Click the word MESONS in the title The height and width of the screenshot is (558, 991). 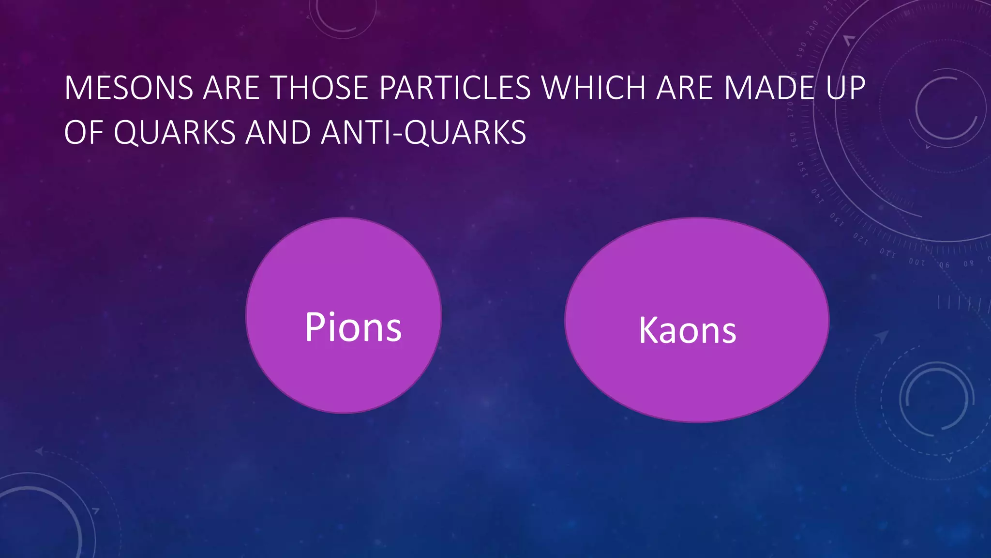point(129,88)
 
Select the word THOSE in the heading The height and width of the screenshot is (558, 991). point(319,88)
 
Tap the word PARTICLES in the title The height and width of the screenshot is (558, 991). point(455,88)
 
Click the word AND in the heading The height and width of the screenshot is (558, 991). point(278,132)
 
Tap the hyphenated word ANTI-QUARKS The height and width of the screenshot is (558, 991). point(423,132)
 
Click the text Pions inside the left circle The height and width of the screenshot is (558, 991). point(353,327)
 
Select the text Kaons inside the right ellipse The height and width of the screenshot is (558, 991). point(687,330)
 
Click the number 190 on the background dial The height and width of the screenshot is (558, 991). point(801,49)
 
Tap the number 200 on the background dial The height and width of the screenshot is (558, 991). point(812,28)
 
